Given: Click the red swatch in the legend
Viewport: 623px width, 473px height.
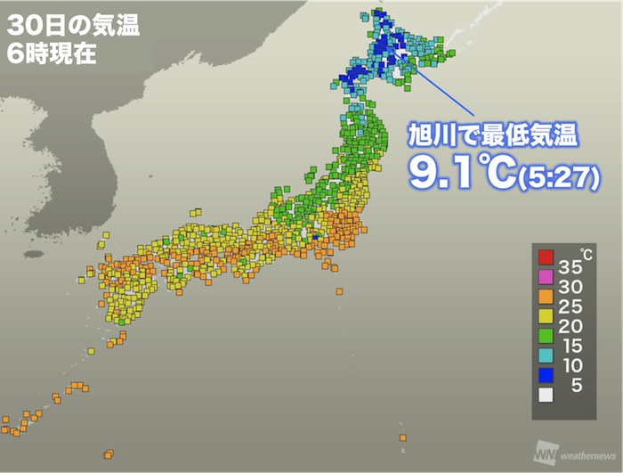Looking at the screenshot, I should point(546,258).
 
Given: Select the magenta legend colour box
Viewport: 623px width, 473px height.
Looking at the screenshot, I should point(546,278).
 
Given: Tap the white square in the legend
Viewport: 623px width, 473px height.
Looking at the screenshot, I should point(546,396).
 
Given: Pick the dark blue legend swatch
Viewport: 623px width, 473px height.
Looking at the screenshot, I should point(546,376).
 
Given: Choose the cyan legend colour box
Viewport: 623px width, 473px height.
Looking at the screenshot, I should point(546,356).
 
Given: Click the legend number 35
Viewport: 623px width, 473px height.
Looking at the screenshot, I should point(571,268).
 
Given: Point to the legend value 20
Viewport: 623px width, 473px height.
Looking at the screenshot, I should point(571,327).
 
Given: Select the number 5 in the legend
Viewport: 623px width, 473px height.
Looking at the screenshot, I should point(577,386).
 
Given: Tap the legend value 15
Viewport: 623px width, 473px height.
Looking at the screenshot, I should point(571,347).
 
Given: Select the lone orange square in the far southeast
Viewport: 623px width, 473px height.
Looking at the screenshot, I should point(403,437).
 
